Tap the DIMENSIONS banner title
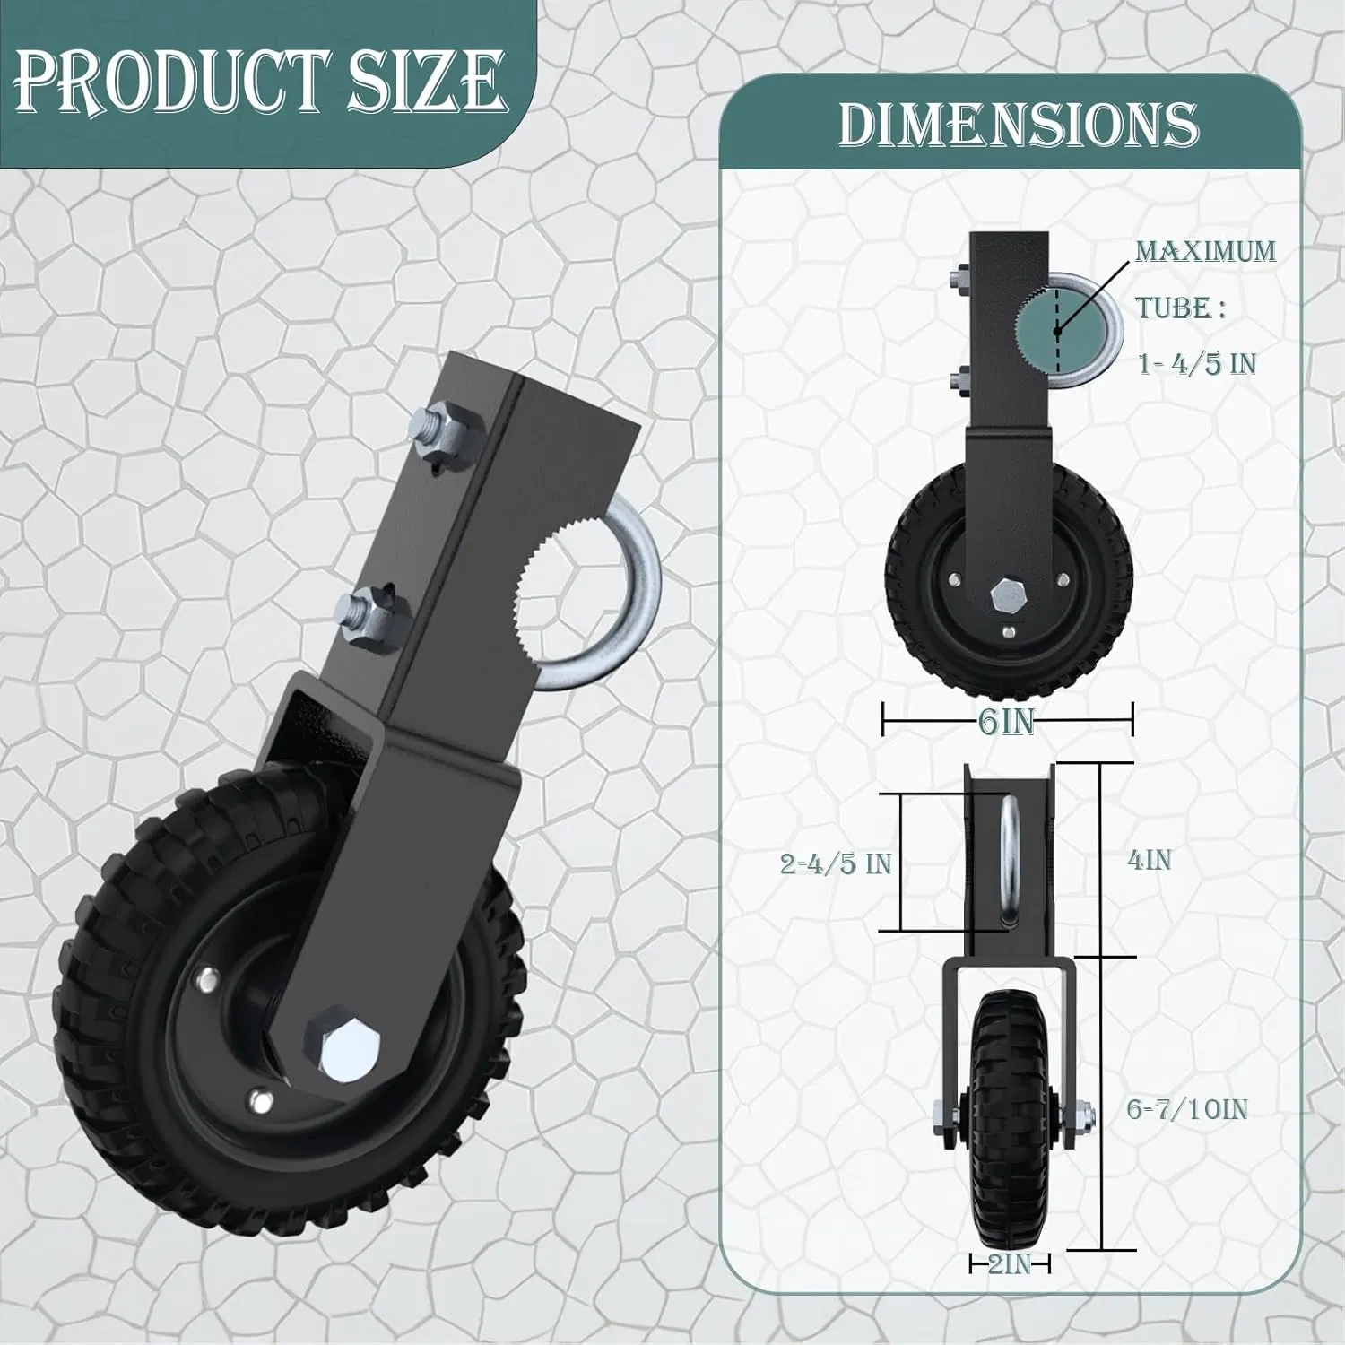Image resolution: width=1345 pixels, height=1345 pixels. point(1018,124)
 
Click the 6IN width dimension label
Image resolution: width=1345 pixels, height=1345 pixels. point(1007,721)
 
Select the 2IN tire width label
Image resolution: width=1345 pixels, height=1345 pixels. point(1009,1264)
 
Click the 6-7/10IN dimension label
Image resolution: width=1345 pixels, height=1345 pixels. point(1186,1110)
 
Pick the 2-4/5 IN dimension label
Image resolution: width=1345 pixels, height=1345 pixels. point(836,863)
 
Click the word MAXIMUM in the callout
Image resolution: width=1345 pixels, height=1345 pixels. point(1205,251)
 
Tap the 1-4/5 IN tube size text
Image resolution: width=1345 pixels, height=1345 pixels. point(1197,363)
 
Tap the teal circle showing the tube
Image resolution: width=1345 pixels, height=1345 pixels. point(1058,330)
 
